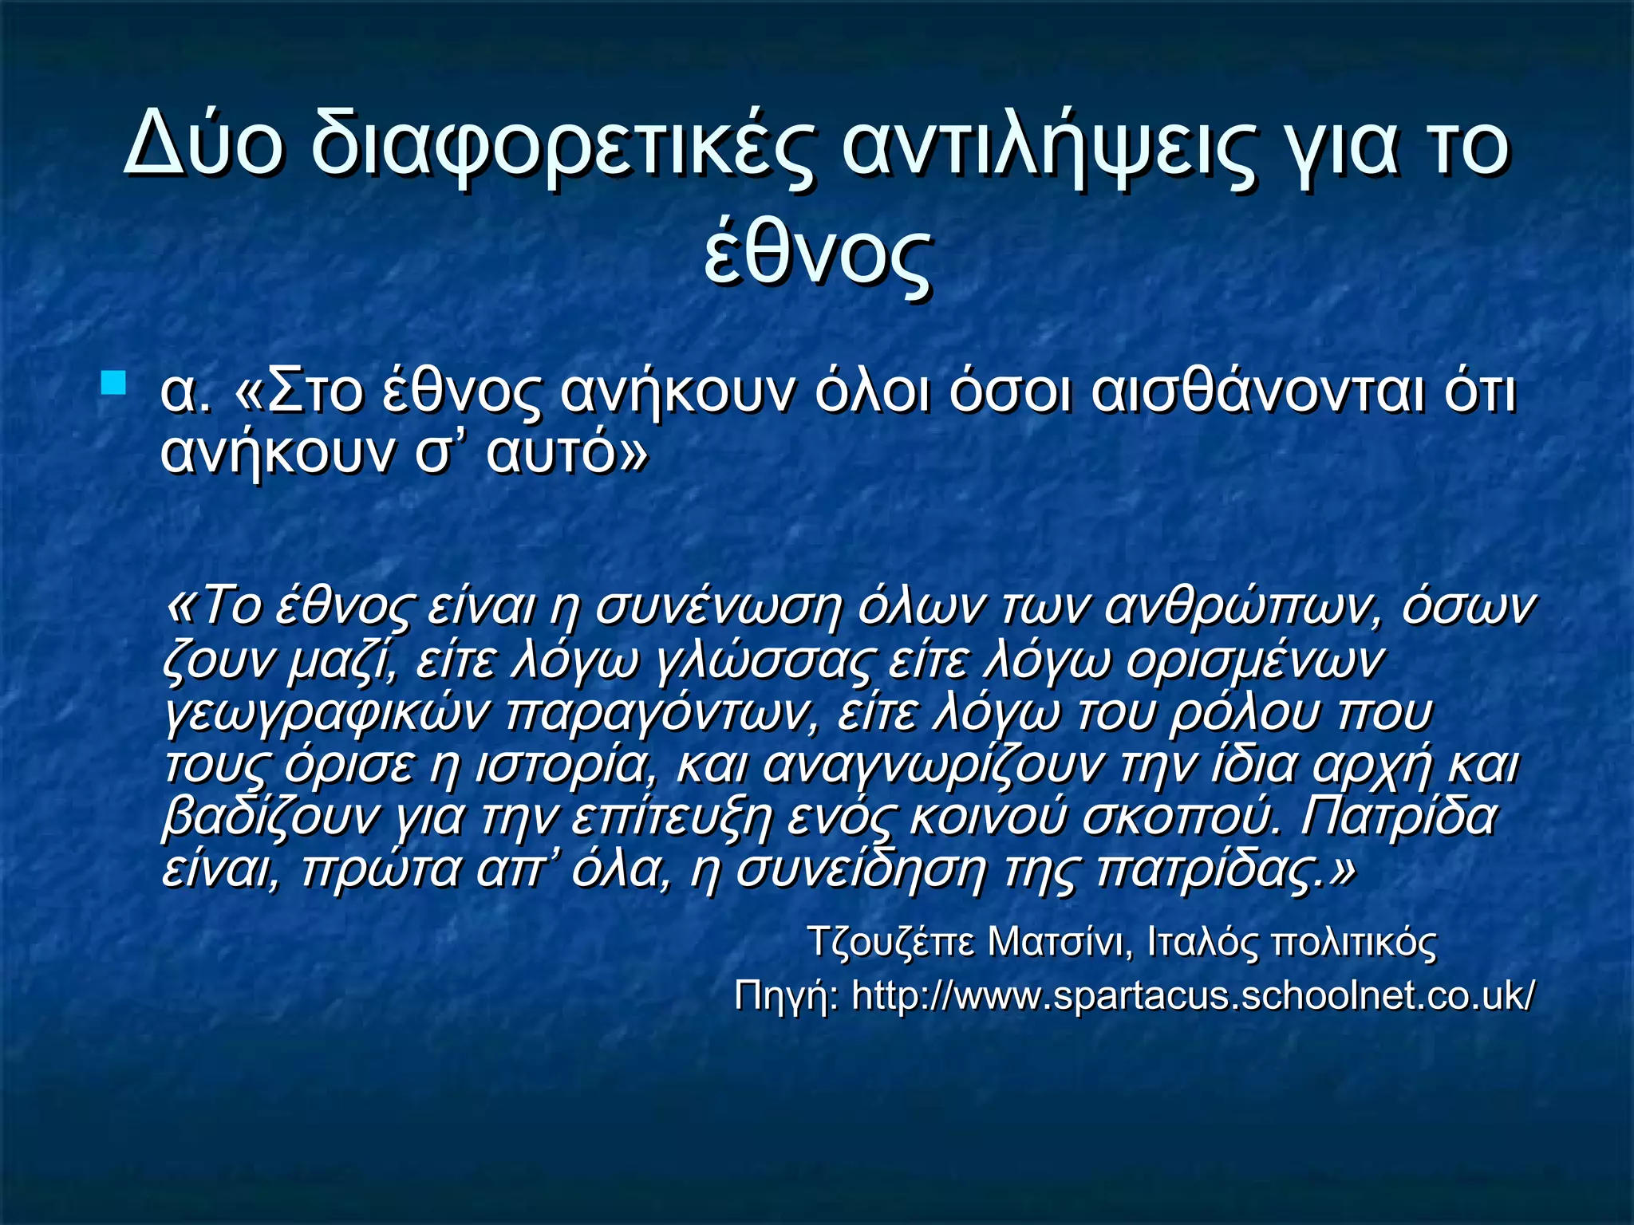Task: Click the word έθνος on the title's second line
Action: coord(817,255)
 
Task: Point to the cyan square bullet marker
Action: coord(115,384)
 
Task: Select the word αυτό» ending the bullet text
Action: coord(566,452)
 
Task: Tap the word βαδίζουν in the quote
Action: coord(268,817)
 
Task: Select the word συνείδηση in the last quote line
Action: coord(862,869)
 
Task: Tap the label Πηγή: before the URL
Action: coord(785,995)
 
